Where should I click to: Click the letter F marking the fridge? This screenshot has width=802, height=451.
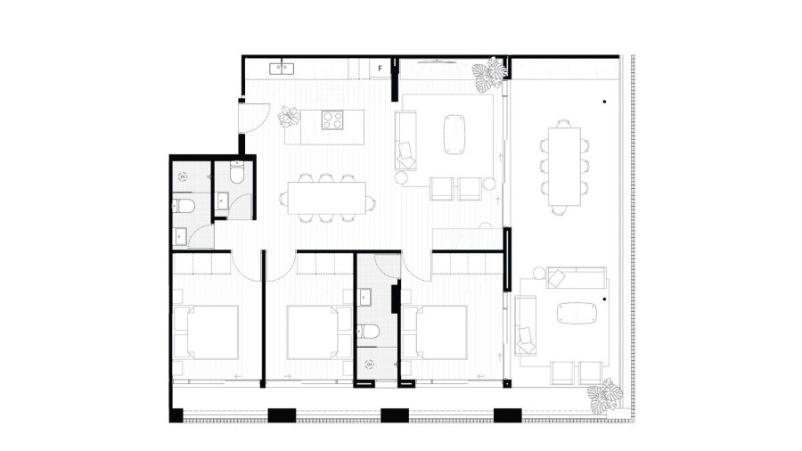pos(380,68)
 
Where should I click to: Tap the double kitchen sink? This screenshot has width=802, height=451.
pos(282,68)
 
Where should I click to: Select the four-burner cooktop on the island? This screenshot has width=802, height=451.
pos(332,120)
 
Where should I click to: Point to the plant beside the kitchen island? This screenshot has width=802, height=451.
pos(289,117)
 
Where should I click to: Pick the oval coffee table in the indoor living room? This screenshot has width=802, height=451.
pos(454,134)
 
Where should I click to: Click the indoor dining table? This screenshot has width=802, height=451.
pos(327,198)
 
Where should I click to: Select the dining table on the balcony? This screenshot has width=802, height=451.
pos(564,166)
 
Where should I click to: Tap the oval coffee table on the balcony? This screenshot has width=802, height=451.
pos(577,313)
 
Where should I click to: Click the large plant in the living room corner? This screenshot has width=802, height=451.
pos(490,75)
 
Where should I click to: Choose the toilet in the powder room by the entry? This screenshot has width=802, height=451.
pos(237,172)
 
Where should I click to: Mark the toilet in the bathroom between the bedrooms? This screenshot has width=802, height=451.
pos(367,332)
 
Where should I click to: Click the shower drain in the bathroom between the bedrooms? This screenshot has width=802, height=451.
pos(369,364)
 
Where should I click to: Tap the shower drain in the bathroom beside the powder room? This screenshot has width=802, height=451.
pos(183,177)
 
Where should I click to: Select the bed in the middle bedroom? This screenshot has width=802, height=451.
pos(313,332)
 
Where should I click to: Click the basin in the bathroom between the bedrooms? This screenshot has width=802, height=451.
pos(365,297)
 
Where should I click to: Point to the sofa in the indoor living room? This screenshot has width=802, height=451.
pos(405,141)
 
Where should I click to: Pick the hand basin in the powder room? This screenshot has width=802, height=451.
pos(223,201)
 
